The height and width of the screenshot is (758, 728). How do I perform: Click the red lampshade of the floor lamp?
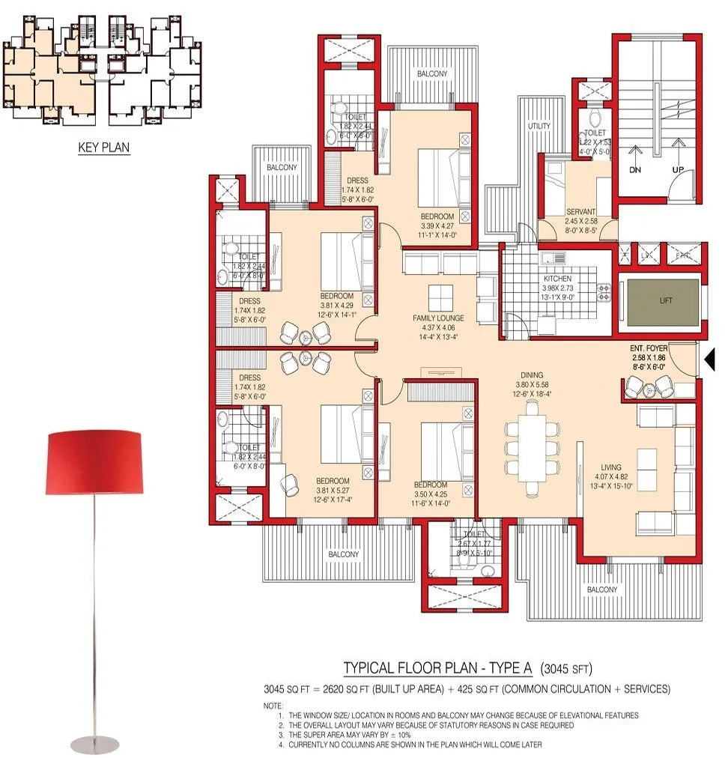[x=94, y=462]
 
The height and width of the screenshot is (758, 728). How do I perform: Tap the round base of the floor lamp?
[x=94, y=745]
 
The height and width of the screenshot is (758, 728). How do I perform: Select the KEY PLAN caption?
[x=104, y=148]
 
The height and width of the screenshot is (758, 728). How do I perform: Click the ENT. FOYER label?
[x=648, y=349]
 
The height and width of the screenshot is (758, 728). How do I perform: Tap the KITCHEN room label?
[x=557, y=279]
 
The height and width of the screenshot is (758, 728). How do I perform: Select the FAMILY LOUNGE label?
[x=438, y=318]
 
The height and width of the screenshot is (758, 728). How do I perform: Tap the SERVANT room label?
[x=580, y=212]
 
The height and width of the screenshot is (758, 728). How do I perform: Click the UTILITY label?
[x=539, y=126]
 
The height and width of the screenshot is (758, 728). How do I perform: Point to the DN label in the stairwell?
[x=634, y=171]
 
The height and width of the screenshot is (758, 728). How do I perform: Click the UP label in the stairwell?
[x=678, y=171]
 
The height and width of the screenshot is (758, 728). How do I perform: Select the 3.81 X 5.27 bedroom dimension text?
[x=333, y=491]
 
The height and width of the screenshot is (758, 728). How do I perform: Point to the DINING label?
[x=533, y=375]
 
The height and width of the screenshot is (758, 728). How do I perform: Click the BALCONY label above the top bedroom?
[x=432, y=73]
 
